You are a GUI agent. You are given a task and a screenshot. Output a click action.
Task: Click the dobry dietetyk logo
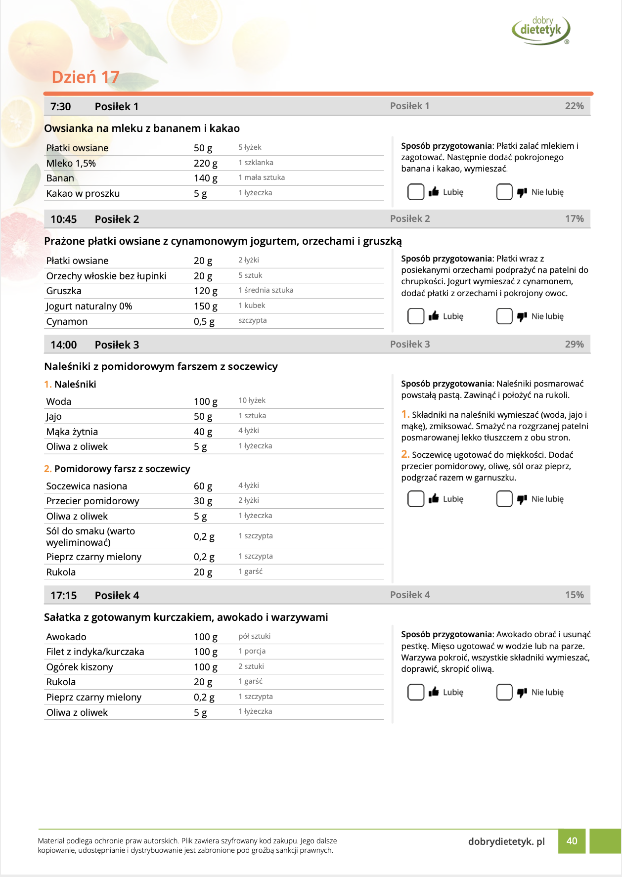(541, 30)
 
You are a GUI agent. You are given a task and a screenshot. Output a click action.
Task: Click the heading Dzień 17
(86, 77)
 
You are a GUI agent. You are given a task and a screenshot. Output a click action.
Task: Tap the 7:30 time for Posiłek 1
(60, 107)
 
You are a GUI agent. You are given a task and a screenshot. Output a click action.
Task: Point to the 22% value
(574, 106)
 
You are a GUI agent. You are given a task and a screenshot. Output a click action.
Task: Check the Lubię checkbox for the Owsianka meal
(415, 192)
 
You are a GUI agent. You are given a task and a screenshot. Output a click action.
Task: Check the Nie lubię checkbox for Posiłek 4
(504, 692)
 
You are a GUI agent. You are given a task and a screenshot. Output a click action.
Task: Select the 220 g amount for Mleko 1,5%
(205, 163)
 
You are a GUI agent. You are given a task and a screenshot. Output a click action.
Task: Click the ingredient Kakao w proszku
(83, 193)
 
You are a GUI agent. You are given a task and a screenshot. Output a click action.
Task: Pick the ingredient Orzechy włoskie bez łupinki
(106, 276)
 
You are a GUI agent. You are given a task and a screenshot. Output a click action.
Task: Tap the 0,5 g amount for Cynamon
(204, 321)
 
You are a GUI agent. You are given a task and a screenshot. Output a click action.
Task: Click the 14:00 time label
(63, 345)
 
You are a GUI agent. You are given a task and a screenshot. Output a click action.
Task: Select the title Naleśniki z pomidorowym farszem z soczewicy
(161, 366)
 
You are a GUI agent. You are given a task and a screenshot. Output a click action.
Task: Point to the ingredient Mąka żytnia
(72, 432)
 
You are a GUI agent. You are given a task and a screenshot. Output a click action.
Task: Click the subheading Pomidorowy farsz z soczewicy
(122, 469)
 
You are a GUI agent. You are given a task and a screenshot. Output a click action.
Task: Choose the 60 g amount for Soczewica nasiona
(203, 486)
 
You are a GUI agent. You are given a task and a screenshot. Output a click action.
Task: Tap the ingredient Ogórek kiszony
(80, 667)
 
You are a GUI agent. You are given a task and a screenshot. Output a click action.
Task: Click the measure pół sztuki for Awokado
(254, 636)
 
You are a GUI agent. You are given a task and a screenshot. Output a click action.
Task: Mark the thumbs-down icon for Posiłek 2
(522, 316)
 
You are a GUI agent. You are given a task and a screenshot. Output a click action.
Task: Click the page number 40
(572, 841)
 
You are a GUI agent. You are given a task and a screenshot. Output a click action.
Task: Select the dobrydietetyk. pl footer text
(506, 841)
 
